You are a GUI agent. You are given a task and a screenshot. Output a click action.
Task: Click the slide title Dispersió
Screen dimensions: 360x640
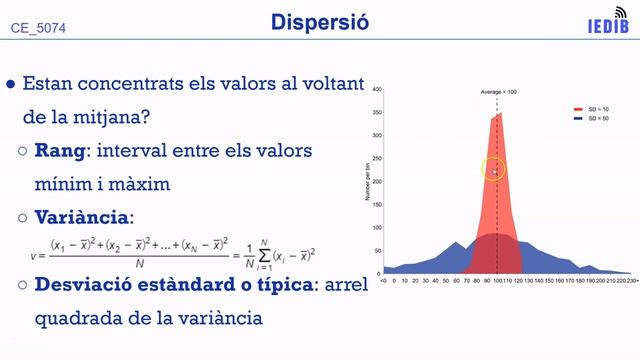pyautogui.click(x=320, y=23)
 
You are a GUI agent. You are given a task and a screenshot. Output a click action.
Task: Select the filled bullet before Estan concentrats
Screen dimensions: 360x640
pyautogui.click(x=11, y=85)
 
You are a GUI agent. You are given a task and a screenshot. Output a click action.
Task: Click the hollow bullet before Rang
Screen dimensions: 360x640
pyautogui.click(x=24, y=152)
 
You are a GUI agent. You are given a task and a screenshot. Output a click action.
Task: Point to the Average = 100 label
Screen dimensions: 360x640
pyautogui.click(x=497, y=92)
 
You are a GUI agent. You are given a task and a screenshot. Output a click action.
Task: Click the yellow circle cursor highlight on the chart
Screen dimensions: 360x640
pyautogui.click(x=494, y=170)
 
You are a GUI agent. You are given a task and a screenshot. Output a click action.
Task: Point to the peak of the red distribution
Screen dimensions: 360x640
pyautogui.click(x=499, y=114)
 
